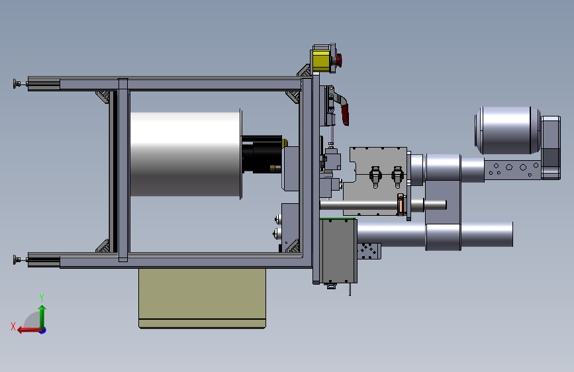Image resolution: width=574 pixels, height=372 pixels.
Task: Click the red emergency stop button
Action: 338,60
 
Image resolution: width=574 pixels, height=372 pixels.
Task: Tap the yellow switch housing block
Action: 321,60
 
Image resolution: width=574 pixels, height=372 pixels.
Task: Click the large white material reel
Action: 185,154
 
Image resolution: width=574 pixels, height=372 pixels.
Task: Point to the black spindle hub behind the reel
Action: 262,154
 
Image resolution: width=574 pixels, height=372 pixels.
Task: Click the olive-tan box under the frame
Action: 203,298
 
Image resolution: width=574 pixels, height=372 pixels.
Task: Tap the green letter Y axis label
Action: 42,297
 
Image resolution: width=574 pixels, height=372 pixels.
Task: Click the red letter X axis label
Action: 13,326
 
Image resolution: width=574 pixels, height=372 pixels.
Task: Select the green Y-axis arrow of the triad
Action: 42,316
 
